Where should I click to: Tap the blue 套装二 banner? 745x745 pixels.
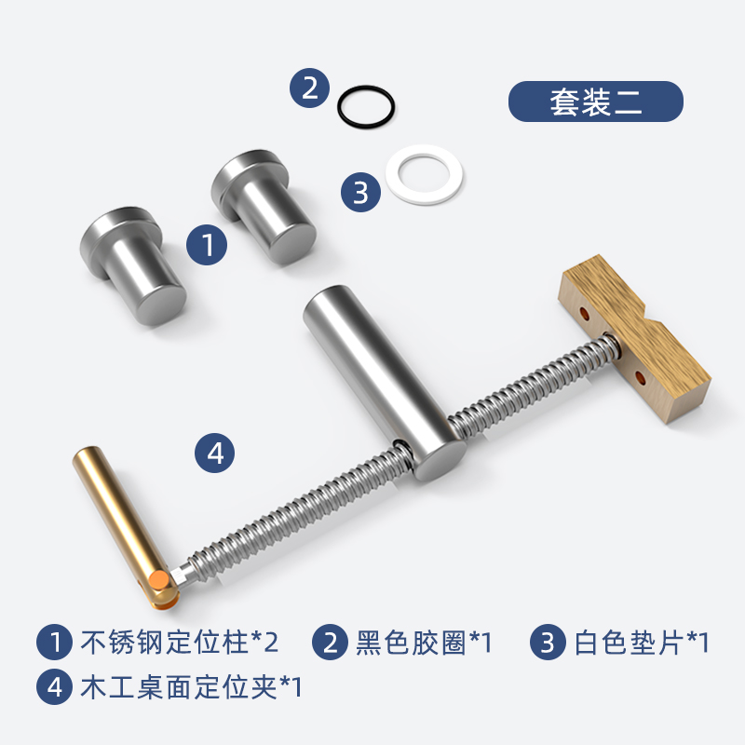click(x=596, y=102)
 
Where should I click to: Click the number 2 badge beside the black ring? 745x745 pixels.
click(x=310, y=88)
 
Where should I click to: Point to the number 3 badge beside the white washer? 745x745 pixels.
click(x=360, y=192)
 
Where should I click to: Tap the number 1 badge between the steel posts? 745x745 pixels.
click(x=207, y=245)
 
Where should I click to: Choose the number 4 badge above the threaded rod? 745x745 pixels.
click(x=215, y=453)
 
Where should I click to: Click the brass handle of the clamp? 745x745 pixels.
click(x=123, y=522)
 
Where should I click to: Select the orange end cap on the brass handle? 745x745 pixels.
click(x=158, y=580)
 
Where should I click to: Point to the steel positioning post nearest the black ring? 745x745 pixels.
click(x=264, y=207)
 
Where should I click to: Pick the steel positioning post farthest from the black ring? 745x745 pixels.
click(x=133, y=265)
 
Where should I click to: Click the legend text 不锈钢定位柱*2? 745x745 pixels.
click(x=180, y=642)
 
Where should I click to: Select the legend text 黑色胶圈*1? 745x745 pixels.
click(x=424, y=642)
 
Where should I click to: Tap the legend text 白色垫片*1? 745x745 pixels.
click(x=642, y=642)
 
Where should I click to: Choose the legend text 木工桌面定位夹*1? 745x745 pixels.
click(x=191, y=686)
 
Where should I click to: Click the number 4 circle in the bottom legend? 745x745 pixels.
click(x=54, y=686)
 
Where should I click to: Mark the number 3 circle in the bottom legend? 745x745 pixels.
click(x=548, y=642)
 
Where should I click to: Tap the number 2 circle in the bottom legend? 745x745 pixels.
click(x=330, y=642)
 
